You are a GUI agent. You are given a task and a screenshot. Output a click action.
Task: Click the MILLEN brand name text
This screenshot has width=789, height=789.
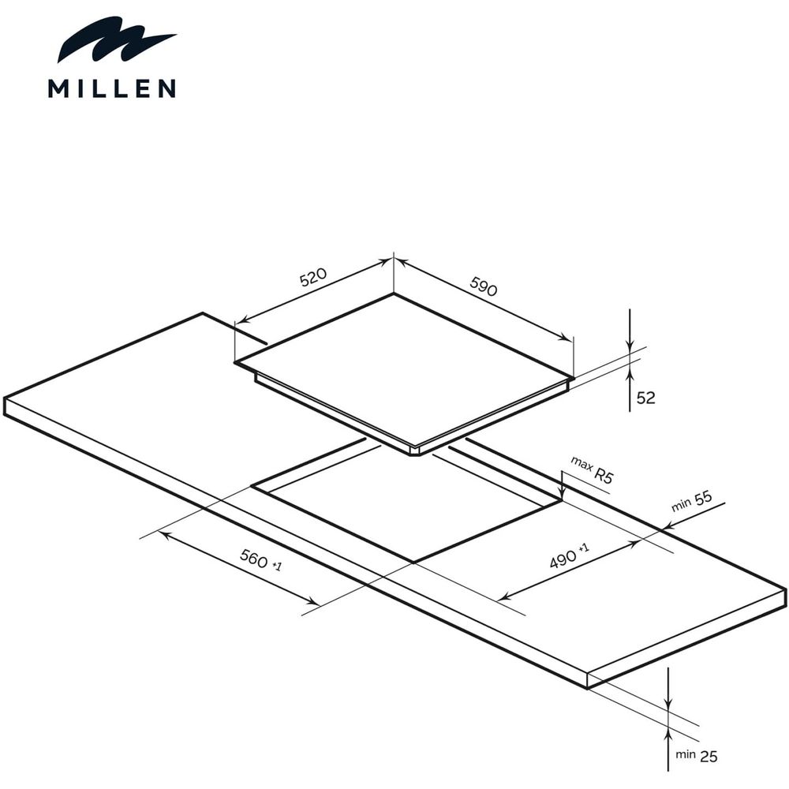[x=112, y=88]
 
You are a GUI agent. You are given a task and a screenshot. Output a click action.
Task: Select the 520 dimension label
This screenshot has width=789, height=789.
[x=313, y=277]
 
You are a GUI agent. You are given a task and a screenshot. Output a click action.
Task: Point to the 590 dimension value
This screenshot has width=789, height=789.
[x=484, y=286]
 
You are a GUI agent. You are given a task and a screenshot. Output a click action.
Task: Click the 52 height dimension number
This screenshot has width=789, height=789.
[x=646, y=398]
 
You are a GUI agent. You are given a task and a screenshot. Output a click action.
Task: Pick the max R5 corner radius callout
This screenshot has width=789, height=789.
[x=593, y=469]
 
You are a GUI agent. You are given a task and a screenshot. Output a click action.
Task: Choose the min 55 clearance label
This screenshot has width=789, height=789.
[x=692, y=501]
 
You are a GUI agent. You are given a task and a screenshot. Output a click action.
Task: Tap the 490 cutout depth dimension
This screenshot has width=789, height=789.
[x=569, y=555]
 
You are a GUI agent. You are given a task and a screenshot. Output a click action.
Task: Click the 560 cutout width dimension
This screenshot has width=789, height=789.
[x=260, y=559]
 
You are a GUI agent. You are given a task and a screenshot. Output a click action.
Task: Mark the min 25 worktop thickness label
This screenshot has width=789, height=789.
[x=697, y=755]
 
